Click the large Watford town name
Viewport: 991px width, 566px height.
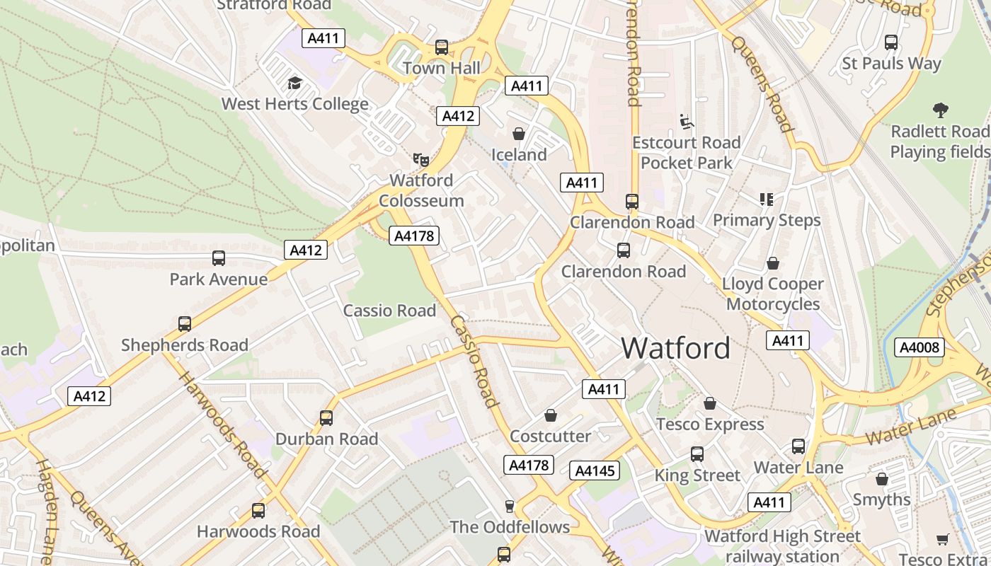point(675,348)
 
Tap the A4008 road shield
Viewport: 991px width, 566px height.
point(919,347)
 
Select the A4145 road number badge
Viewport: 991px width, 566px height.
point(595,470)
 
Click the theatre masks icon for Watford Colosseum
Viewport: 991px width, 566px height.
point(421,160)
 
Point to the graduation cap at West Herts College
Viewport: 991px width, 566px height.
point(294,83)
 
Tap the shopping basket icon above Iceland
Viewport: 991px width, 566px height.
point(519,134)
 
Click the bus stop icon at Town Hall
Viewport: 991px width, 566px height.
point(442,47)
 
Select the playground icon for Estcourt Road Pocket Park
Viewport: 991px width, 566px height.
point(686,122)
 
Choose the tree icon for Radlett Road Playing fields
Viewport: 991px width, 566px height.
point(940,110)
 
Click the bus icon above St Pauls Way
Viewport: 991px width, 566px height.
point(891,42)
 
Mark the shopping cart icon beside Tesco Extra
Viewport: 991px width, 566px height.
point(942,540)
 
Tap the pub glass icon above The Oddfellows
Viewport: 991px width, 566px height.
point(509,506)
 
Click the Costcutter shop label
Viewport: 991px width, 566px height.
point(550,436)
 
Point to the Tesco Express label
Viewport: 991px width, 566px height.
point(710,424)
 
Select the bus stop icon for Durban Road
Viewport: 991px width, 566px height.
point(326,418)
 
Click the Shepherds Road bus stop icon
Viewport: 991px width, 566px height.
point(185,324)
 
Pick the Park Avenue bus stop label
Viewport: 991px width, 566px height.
point(219,279)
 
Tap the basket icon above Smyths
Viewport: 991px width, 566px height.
point(881,479)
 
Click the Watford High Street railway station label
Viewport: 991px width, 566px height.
point(782,545)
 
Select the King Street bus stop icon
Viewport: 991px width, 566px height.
point(697,454)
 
